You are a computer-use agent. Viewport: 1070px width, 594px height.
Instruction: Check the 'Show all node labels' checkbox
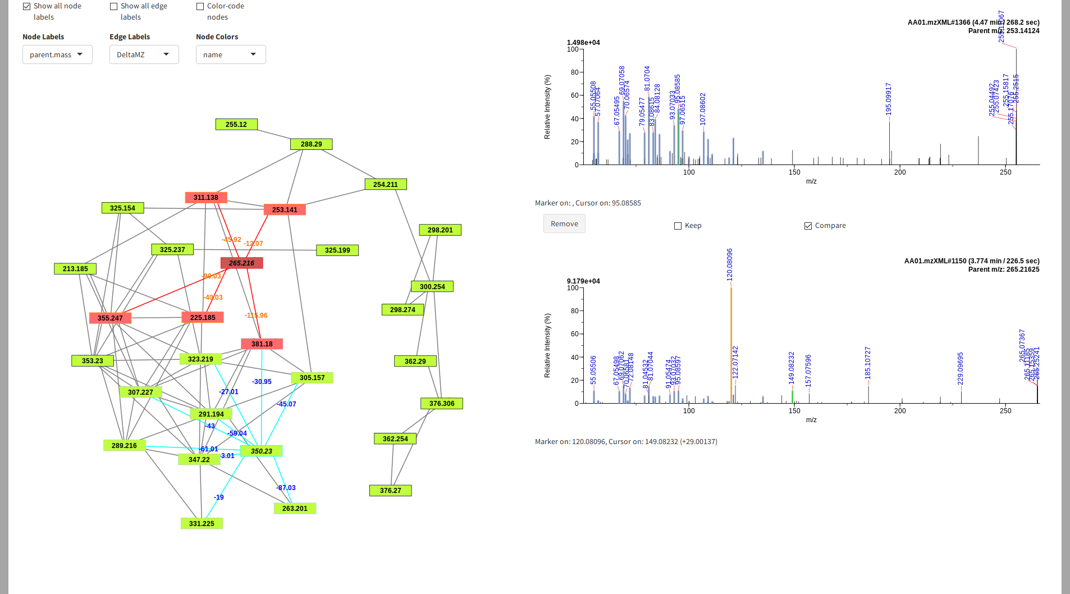[26, 6]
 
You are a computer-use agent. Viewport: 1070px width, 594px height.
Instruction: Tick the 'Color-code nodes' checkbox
[200, 6]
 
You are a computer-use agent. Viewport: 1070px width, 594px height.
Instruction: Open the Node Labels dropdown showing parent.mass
[57, 54]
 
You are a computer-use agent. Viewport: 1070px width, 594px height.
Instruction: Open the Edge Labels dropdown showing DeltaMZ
[144, 54]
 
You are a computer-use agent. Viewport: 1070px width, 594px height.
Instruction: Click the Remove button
[564, 223]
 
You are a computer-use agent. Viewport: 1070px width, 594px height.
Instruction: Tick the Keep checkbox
[678, 226]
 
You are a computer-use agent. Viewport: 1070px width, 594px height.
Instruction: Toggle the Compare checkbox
[808, 226]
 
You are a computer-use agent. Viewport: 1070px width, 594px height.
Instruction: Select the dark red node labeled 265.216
[241, 263]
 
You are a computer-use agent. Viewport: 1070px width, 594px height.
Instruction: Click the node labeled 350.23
[261, 451]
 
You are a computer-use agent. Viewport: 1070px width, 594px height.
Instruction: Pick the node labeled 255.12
[236, 124]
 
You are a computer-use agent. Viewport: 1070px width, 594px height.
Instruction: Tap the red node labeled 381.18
[262, 344]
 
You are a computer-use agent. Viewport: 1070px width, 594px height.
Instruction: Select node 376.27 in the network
[390, 490]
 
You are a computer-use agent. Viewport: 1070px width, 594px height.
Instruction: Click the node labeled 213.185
[75, 268]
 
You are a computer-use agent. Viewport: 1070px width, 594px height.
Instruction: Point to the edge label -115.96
[256, 316]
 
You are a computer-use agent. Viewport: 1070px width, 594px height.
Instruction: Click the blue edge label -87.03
[286, 488]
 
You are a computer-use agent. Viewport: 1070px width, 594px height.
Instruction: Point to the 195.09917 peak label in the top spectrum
[889, 99]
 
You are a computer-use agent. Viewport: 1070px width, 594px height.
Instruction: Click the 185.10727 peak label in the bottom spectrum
[868, 363]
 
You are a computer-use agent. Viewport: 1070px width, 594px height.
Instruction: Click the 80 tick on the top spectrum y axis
[574, 72]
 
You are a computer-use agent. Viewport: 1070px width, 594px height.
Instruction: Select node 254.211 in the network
[385, 184]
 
